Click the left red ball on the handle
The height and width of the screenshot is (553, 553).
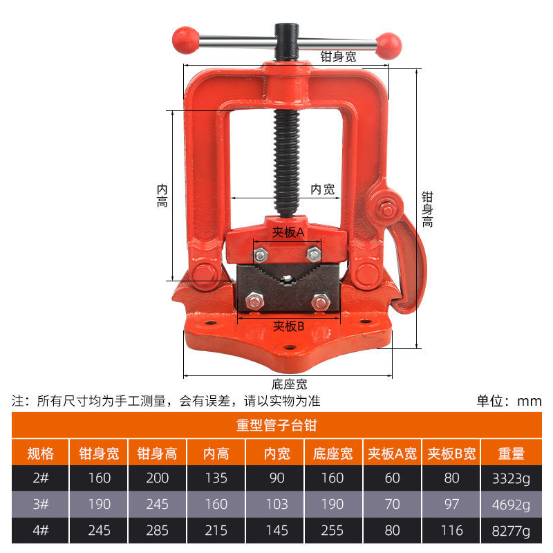185,40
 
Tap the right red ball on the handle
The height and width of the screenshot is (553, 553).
388,46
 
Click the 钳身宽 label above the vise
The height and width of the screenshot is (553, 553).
338,57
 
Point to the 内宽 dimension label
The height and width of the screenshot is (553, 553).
322,189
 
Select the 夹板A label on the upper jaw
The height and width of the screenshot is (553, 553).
288,232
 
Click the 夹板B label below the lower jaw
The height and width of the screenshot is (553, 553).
288,326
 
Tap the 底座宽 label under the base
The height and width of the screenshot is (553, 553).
289,384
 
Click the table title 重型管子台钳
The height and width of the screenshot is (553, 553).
276,425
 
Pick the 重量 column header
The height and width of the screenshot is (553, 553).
511,453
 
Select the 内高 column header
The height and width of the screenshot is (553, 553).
216,453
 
